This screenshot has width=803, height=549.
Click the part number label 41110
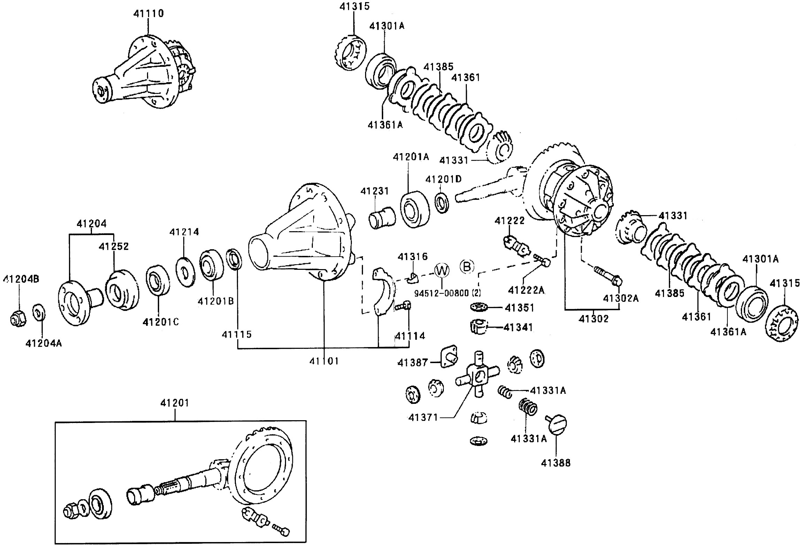pos(148,13)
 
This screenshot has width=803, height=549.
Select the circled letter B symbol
pos(467,267)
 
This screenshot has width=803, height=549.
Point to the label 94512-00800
pos(441,293)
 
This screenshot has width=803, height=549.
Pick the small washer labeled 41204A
pos(39,313)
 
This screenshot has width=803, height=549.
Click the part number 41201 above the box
pos(175,403)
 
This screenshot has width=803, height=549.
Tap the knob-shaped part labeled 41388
pos(557,424)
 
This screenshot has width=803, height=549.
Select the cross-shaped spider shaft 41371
pos(477,377)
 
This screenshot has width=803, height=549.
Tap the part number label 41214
pos(184,232)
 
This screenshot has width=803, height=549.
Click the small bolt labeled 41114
pos(403,306)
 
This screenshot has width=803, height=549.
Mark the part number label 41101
pos(324,361)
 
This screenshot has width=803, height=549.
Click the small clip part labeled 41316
pos(412,277)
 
